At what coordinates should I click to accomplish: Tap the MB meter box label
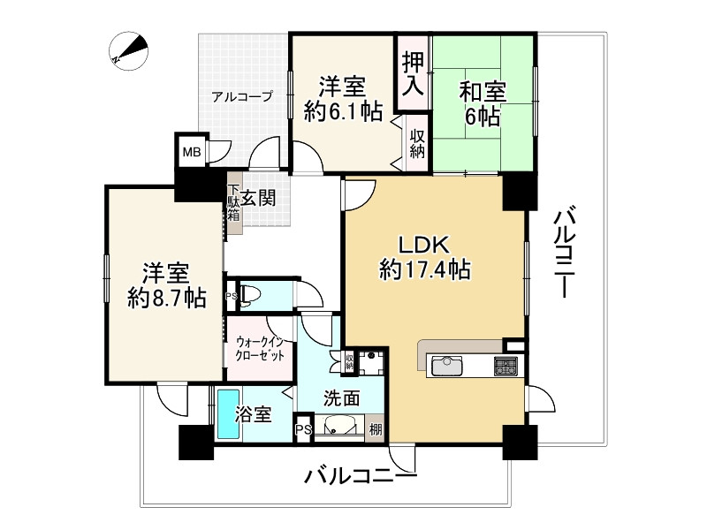tap(191, 152)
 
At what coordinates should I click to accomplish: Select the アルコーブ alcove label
tap(241, 97)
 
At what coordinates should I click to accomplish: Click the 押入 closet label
tap(413, 73)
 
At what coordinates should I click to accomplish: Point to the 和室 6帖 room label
tap(482, 102)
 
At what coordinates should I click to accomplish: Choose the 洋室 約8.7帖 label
tap(165, 284)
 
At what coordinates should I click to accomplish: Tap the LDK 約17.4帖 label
tap(424, 257)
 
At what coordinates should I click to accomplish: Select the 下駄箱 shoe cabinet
tap(234, 208)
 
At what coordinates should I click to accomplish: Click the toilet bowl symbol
tap(250, 296)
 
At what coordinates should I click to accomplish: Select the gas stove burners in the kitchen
tap(506, 365)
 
